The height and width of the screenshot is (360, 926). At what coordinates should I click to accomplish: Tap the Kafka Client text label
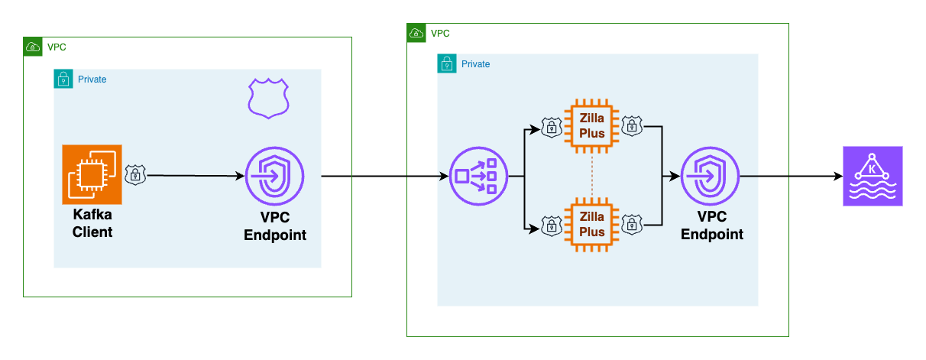tap(92, 223)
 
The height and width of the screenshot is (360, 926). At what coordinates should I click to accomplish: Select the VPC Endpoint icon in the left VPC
tap(274, 175)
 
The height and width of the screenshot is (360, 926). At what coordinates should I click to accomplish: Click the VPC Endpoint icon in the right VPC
tap(711, 175)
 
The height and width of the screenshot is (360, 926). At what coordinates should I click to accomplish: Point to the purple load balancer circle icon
tap(478, 177)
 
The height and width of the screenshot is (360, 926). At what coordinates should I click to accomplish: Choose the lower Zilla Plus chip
tap(591, 225)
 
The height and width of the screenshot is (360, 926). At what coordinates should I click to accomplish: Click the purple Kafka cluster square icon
tap(872, 177)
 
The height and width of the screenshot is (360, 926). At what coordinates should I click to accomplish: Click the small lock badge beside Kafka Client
tap(135, 175)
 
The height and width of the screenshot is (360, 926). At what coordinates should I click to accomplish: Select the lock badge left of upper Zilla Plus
tap(552, 127)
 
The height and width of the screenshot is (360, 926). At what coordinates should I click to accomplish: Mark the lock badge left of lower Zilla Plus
tap(552, 225)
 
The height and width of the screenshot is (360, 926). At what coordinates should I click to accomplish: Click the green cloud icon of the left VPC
tap(33, 47)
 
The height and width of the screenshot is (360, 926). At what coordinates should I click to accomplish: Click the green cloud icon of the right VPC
tap(416, 33)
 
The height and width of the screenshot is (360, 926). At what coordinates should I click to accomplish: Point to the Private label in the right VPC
tap(475, 64)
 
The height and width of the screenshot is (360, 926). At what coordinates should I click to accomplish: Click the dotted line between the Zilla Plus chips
tap(591, 176)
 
